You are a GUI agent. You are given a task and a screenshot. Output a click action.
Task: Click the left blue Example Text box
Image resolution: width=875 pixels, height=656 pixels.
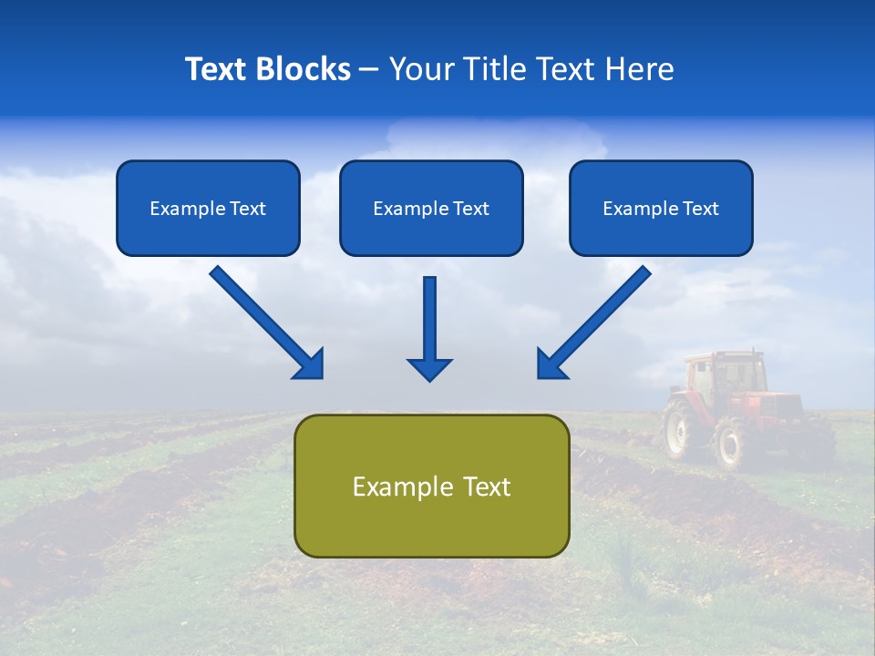click(x=208, y=208)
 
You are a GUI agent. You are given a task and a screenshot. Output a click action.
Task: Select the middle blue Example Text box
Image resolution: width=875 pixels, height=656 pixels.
click(x=431, y=208)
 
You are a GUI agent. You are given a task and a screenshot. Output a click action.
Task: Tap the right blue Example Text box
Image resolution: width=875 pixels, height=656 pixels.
click(x=661, y=208)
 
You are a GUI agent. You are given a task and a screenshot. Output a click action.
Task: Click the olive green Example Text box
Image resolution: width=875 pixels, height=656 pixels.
click(x=431, y=486)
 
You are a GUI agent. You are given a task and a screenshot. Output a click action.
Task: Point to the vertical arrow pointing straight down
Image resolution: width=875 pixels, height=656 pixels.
click(x=429, y=323)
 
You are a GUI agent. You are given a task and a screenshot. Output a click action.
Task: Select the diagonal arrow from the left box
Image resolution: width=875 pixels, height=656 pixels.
click(x=264, y=321)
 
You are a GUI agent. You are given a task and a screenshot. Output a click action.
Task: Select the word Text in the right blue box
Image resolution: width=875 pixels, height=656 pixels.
click(x=699, y=209)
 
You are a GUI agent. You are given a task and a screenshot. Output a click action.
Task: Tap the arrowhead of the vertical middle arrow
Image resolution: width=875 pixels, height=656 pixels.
click(x=429, y=369)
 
